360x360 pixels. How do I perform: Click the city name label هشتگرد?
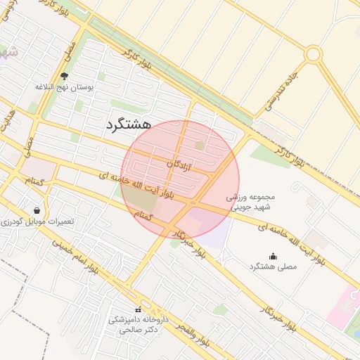129,124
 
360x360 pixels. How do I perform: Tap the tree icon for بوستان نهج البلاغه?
65,76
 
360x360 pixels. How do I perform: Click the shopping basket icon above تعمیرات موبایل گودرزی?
37,210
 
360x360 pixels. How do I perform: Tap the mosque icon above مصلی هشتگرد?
273,256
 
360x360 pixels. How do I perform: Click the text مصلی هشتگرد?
273,267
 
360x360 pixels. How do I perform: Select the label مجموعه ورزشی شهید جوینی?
257,202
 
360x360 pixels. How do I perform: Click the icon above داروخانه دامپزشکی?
138,309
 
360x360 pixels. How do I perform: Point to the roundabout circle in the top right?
313,54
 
